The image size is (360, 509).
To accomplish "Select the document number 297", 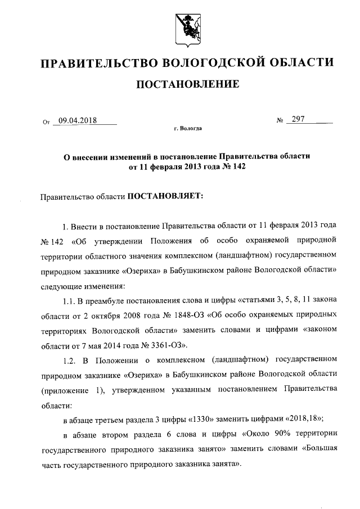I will [299, 119].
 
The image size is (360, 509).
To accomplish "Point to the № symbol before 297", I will [280, 120].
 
